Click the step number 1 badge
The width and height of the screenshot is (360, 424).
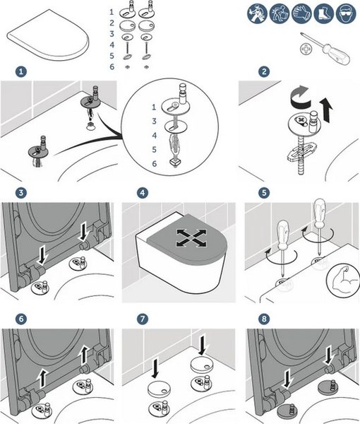[x=21, y=72]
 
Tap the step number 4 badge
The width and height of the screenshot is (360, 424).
[x=143, y=193]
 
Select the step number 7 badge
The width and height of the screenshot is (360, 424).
[x=143, y=319]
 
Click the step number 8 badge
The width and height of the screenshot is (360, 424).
[x=264, y=319]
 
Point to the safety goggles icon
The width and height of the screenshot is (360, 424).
[x=346, y=13]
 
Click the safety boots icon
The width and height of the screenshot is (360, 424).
[x=324, y=13]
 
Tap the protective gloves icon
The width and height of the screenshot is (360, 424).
[x=301, y=13]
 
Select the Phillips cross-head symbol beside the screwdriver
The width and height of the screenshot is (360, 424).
[x=306, y=49]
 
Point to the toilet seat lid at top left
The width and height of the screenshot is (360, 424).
[x=48, y=35]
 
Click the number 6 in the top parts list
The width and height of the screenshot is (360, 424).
[x=112, y=67]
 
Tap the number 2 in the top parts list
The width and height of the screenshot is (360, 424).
[x=112, y=23]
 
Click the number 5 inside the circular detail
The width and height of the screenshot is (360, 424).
[x=154, y=149]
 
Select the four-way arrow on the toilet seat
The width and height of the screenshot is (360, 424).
[x=191, y=238]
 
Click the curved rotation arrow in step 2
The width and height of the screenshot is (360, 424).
[x=301, y=98]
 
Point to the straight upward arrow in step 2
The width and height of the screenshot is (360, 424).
[x=326, y=110]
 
